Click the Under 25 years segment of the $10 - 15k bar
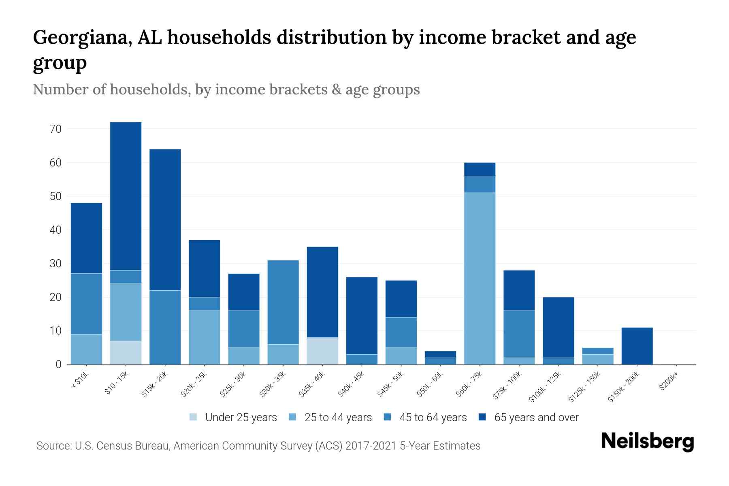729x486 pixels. pyautogui.click(x=126, y=352)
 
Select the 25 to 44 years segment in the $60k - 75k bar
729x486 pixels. pyautogui.click(x=480, y=279)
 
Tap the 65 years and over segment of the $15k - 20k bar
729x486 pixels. pyautogui.click(x=165, y=220)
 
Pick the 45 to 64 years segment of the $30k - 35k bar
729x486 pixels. pyautogui.click(x=283, y=302)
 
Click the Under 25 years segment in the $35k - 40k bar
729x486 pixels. pyautogui.click(x=322, y=351)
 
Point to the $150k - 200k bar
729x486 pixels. pyautogui.click(x=637, y=346)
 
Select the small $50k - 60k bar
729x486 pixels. pyautogui.click(x=440, y=358)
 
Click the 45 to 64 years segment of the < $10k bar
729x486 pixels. pyautogui.click(x=86, y=304)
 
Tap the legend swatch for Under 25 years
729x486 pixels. pyautogui.click(x=194, y=417)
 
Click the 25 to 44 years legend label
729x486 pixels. pyautogui.click(x=338, y=417)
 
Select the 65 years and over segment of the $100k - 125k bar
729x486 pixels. pyautogui.click(x=558, y=327)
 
